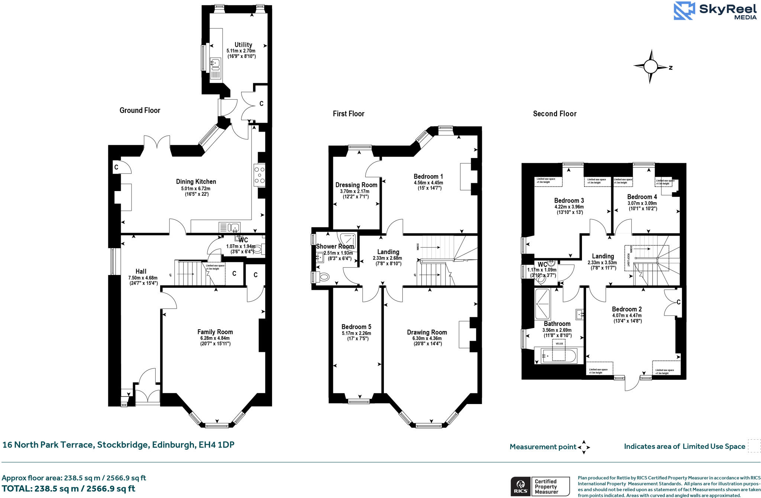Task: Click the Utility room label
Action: point(243,45)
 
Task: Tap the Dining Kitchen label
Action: point(196,182)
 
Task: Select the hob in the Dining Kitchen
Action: point(259,175)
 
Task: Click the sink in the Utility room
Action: point(215,64)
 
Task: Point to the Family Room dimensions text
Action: point(215,341)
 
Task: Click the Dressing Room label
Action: point(356,185)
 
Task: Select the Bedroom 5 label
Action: point(356,327)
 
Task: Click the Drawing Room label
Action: point(427,332)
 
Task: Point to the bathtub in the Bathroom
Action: point(558,356)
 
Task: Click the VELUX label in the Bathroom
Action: point(559,344)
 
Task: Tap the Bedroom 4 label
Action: point(642,197)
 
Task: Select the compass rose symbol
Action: point(650,67)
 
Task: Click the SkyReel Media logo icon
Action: point(684,11)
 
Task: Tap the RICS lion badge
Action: point(521,486)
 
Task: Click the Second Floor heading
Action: point(554,114)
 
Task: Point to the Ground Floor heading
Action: point(140,110)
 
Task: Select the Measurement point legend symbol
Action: point(584,447)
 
